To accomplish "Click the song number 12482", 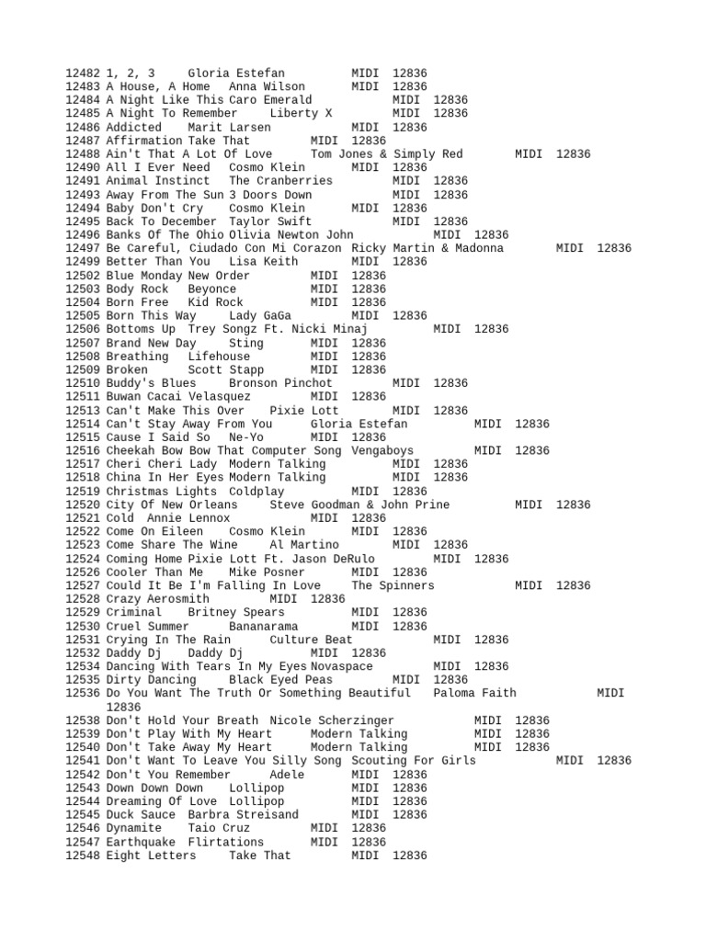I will [x=84, y=73].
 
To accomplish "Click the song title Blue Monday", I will [x=144, y=276].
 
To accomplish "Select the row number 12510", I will [x=84, y=383].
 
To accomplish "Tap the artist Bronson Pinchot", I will [x=281, y=383].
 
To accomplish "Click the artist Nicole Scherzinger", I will [x=332, y=720].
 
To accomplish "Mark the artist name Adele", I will [x=287, y=775].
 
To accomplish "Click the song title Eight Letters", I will [x=151, y=856].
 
